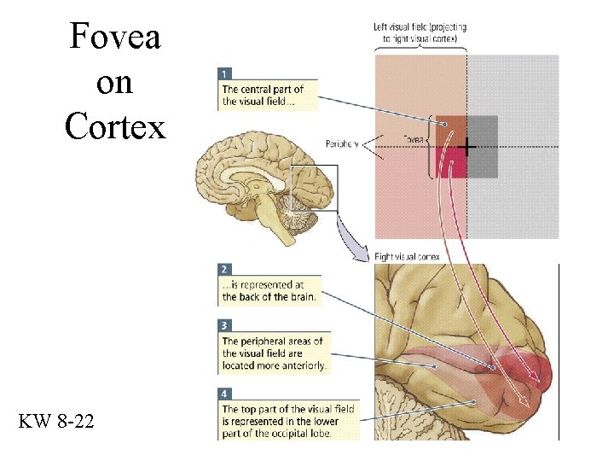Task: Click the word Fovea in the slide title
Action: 115,37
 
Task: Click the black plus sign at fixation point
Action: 466,147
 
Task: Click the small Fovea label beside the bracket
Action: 414,137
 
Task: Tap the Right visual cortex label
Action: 408,256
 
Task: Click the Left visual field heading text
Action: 420,32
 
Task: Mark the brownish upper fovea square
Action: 450,131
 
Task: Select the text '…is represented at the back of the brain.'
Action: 269,291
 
